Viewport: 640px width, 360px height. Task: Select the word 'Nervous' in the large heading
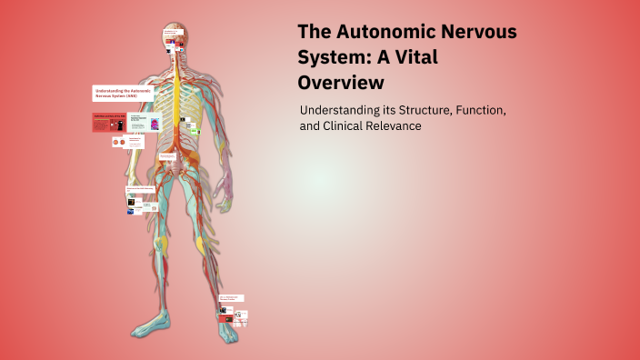point(481,33)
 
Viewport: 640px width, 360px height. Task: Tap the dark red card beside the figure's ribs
point(108,122)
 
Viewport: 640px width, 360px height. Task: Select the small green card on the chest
point(194,131)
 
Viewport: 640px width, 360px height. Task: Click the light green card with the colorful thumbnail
point(145,122)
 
